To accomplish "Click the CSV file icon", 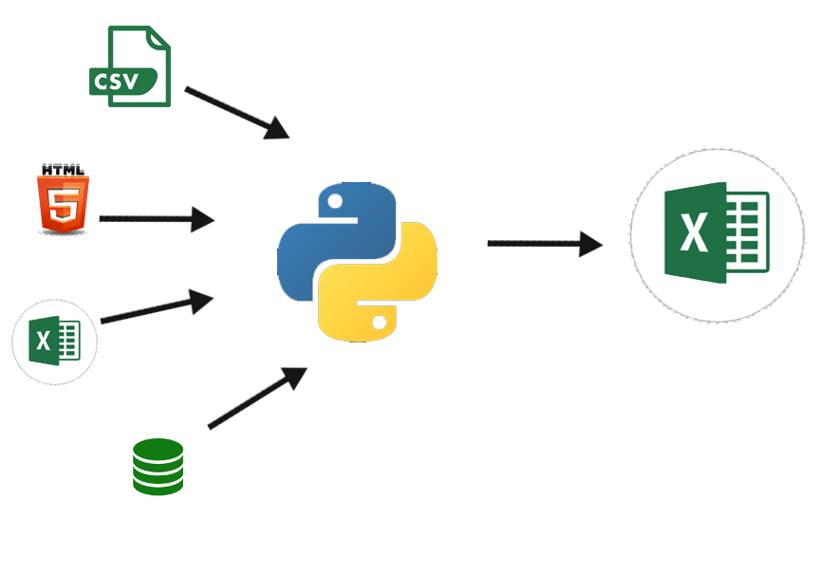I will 131,66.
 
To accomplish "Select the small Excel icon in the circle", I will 54,342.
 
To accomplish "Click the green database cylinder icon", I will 158,467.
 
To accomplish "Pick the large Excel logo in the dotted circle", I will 717,233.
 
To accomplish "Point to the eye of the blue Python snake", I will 334,201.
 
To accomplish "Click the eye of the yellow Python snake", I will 380,323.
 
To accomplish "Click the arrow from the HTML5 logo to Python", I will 157,219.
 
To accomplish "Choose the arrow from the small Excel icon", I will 157,308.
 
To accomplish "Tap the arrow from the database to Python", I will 256,398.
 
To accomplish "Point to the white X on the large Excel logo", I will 695,233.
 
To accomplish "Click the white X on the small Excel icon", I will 43,341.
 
